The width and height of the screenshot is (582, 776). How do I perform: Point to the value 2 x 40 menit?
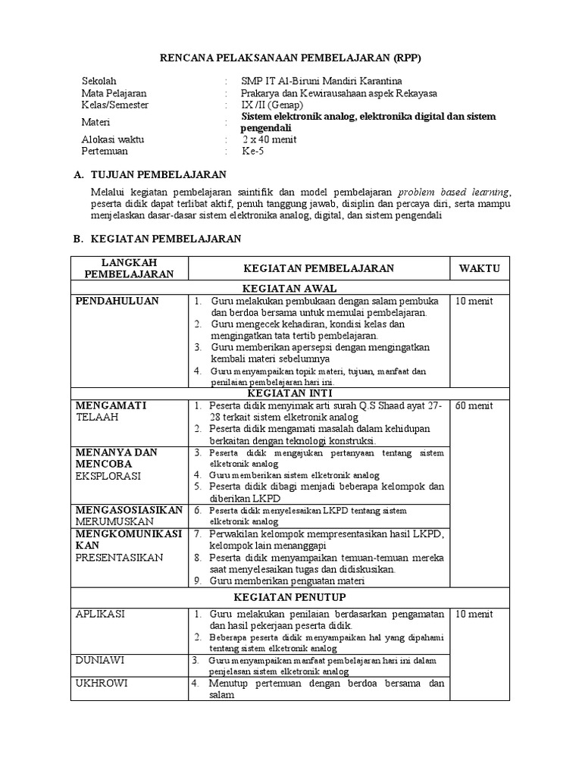point(270,139)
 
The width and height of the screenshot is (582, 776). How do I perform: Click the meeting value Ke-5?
point(253,151)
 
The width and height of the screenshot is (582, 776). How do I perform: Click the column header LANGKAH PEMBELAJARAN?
point(129,268)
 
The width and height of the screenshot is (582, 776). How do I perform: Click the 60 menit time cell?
point(474,405)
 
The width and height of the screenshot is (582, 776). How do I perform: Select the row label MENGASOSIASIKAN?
point(129,510)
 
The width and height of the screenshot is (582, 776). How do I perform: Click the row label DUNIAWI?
point(100,660)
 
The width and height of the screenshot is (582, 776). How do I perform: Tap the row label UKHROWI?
point(102,683)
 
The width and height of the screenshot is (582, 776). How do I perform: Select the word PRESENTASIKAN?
point(119,558)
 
